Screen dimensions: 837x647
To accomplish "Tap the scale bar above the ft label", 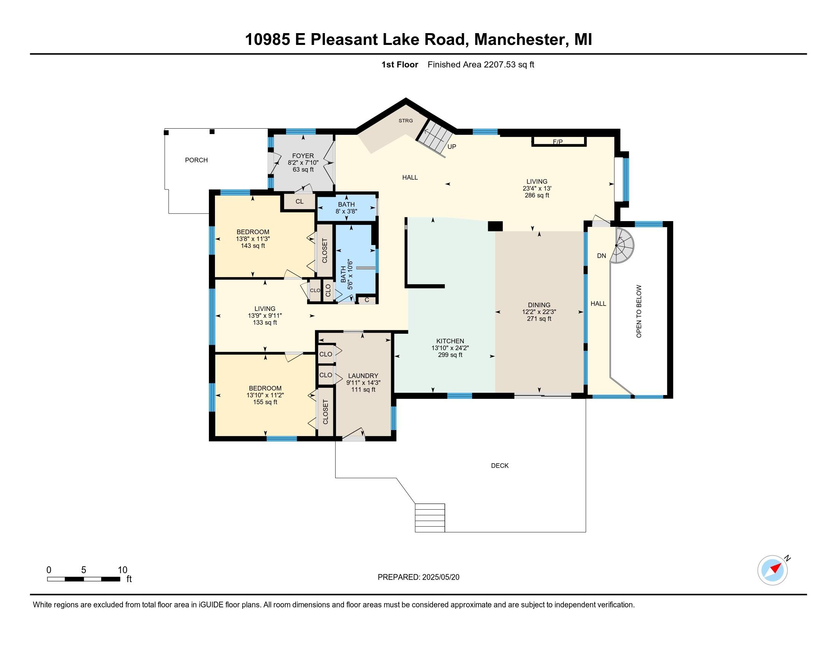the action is (x=84, y=579).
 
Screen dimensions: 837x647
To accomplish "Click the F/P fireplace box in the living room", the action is (x=559, y=142).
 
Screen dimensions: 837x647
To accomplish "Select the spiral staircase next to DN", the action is (x=622, y=246).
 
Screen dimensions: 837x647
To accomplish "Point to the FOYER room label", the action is (x=303, y=156).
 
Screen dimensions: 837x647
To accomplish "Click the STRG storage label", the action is (x=406, y=121).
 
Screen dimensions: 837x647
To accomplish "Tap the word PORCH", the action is (x=196, y=160).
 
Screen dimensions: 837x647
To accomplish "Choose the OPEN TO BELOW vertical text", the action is (x=639, y=311).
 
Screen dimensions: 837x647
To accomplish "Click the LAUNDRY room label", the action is (x=363, y=376).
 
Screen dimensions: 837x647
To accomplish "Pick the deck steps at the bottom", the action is (x=430, y=518).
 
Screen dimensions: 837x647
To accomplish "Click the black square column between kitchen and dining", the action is (x=495, y=226).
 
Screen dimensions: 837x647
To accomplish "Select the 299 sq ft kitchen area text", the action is (x=450, y=355).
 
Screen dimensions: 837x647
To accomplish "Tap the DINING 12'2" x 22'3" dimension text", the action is (x=539, y=312).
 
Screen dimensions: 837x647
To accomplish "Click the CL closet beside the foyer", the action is (x=299, y=201).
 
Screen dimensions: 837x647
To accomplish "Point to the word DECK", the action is (x=500, y=466).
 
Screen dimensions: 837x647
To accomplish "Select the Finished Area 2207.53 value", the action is (x=500, y=64).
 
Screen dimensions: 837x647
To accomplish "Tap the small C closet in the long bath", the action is (x=367, y=300).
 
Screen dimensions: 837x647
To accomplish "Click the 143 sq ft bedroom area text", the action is (x=253, y=246).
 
